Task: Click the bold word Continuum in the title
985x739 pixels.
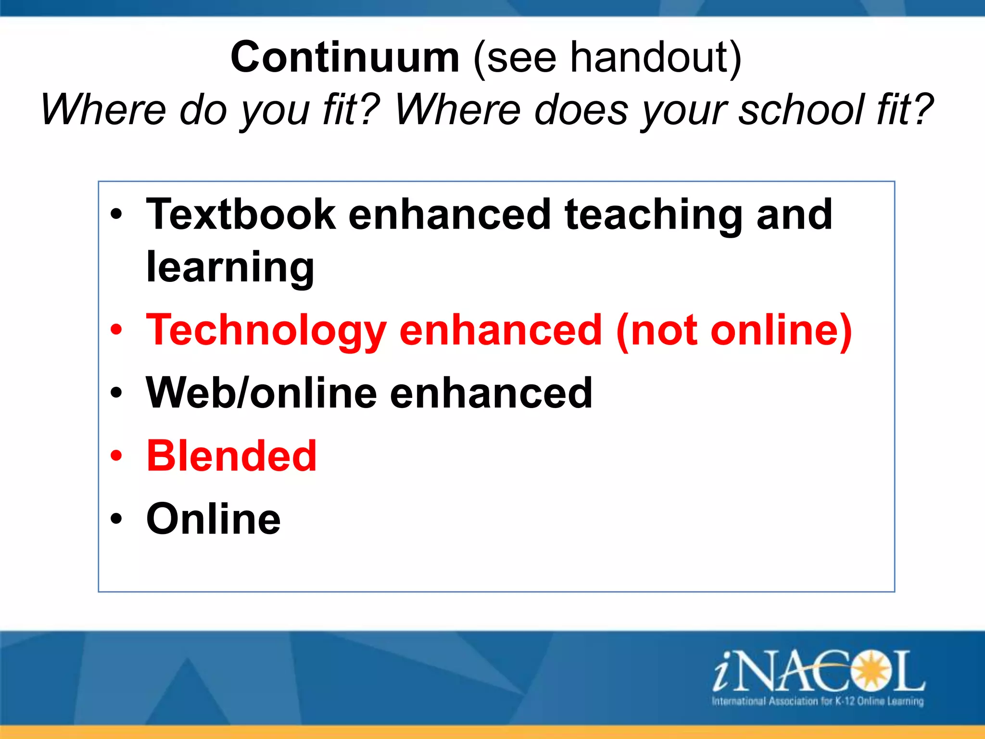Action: click(345, 58)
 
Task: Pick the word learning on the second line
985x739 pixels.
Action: click(230, 268)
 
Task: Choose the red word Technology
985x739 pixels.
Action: click(266, 331)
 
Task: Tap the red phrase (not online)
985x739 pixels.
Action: click(734, 331)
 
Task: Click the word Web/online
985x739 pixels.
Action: click(261, 394)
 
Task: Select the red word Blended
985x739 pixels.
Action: click(231, 456)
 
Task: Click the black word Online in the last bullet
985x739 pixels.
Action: click(213, 519)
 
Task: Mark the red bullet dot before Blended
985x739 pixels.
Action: click(116, 456)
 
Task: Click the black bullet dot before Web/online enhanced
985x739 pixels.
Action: click(116, 393)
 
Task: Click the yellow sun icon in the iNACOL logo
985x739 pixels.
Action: click(869, 670)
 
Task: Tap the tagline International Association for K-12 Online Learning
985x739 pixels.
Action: click(818, 701)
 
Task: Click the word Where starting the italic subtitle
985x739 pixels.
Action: click(103, 110)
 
